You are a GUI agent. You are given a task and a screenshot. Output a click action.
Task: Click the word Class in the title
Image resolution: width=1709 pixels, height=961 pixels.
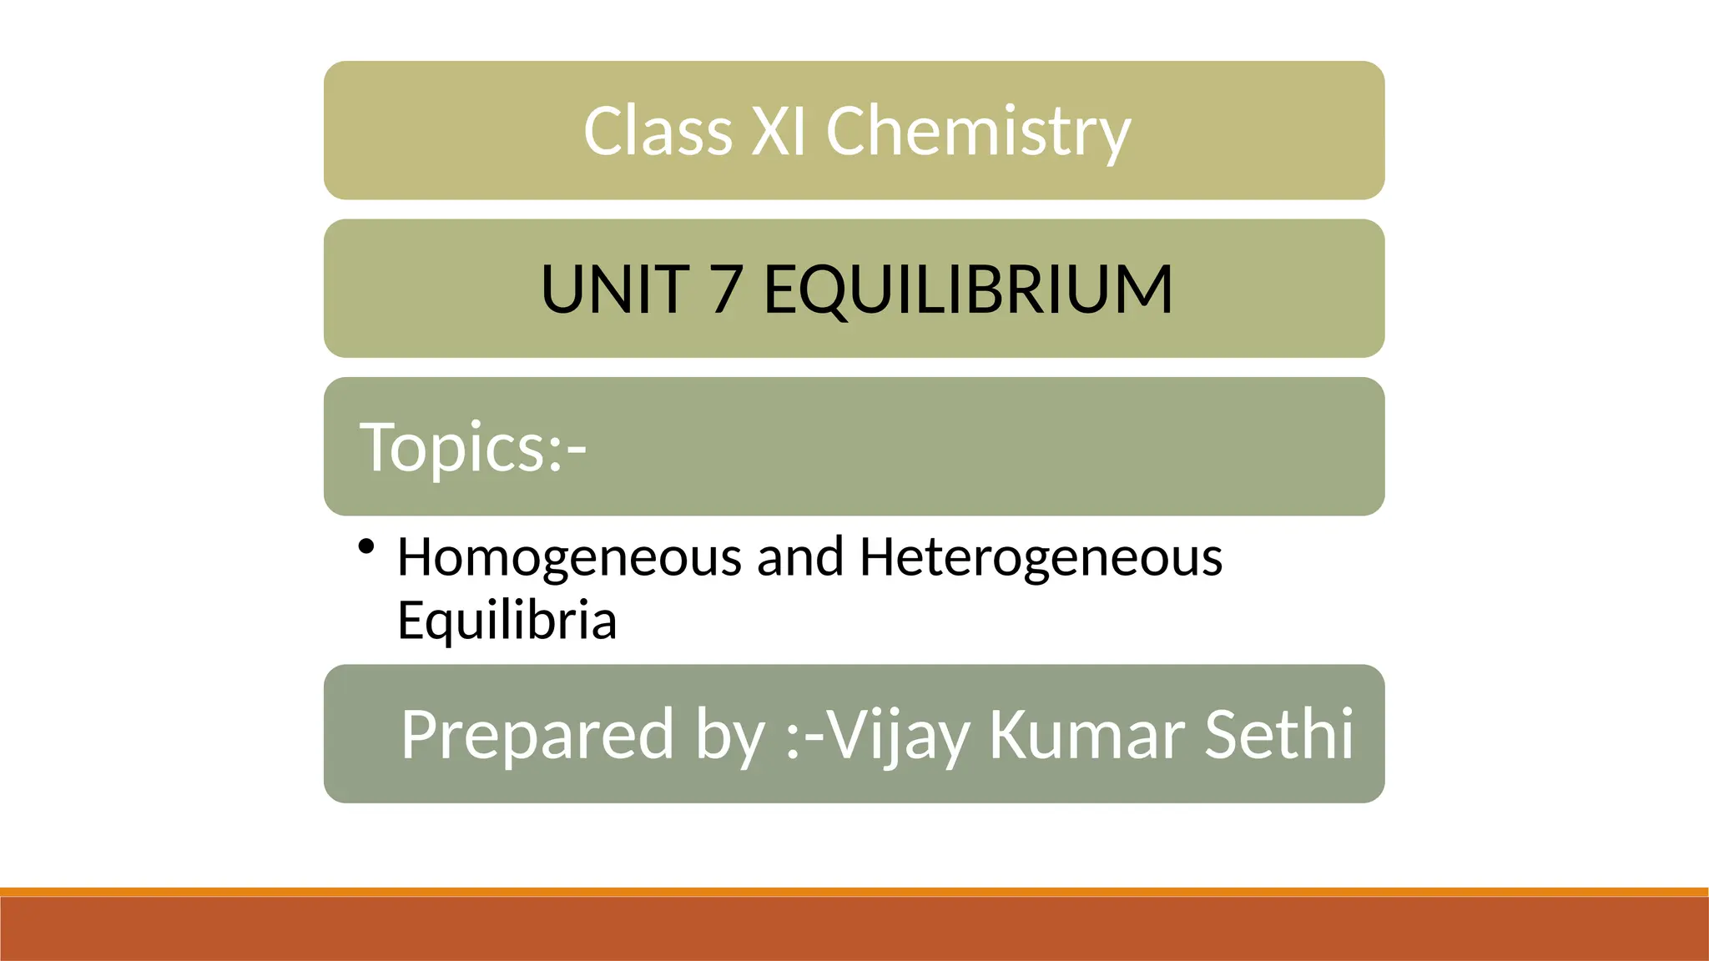click(658, 131)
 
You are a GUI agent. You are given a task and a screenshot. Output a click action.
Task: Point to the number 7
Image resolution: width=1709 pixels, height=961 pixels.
click(727, 289)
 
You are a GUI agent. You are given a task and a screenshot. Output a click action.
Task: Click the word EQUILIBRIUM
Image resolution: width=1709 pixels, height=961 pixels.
click(968, 289)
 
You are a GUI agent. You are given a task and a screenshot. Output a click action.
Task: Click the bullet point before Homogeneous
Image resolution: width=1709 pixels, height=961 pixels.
click(365, 548)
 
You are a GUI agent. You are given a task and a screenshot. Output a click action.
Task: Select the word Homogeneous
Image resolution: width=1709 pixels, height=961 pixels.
click(569, 556)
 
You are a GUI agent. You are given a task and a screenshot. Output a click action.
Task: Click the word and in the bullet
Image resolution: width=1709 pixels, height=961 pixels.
click(799, 556)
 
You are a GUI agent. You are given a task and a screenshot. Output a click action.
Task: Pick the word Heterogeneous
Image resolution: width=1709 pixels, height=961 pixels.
click(1041, 558)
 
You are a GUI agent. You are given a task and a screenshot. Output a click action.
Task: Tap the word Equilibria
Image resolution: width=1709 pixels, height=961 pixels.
click(507, 620)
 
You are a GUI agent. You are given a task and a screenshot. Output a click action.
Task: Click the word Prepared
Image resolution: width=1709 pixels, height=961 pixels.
click(537, 734)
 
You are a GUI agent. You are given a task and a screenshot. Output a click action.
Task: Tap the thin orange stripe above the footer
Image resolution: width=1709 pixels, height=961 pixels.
click(854, 892)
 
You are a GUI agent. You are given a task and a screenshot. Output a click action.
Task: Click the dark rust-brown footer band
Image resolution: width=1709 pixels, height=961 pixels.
click(854, 929)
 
